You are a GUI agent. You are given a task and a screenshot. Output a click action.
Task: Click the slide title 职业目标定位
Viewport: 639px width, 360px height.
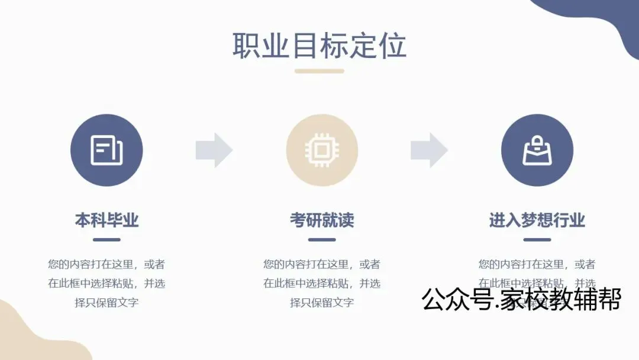pyautogui.click(x=319, y=46)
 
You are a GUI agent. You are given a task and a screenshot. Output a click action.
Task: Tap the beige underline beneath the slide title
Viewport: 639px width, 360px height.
pyautogui.click(x=319, y=71)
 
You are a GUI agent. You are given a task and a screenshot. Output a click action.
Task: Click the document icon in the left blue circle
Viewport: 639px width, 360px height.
pyautogui.click(x=106, y=150)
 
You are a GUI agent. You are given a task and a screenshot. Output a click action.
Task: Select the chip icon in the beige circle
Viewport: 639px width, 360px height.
pyautogui.click(x=322, y=150)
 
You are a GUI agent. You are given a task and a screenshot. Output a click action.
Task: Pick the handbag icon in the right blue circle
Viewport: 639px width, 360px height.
pyautogui.click(x=537, y=150)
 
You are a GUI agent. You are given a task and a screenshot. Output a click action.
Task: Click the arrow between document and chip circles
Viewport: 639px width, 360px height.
pyautogui.click(x=214, y=150)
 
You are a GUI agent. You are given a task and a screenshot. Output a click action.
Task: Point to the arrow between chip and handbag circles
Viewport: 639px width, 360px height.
pyautogui.click(x=430, y=150)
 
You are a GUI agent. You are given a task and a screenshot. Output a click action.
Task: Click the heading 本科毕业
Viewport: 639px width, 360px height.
pyautogui.click(x=106, y=220)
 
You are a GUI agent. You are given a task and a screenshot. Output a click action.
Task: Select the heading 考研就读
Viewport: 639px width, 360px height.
pyautogui.click(x=322, y=220)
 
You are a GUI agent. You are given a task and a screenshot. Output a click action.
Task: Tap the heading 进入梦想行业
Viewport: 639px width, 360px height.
pyautogui.click(x=537, y=220)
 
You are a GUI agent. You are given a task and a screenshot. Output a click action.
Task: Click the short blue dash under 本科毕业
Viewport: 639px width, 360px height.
pyautogui.click(x=106, y=240)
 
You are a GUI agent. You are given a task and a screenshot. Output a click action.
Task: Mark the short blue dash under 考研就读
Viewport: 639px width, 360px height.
pyautogui.click(x=322, y=240)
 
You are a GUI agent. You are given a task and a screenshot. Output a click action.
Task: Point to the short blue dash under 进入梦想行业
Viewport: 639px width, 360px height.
pyautogui.click(x=537, y=240)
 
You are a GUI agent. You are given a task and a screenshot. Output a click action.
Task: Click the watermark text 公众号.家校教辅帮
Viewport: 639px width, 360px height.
pyautogui.click(x=521, y=299)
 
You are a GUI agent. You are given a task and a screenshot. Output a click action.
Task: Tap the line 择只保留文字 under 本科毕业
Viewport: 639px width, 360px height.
pyautogui.click(x=106, y=303)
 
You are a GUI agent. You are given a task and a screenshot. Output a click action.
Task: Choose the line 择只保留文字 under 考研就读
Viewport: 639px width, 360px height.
pyautogui.click(x=322, y=303)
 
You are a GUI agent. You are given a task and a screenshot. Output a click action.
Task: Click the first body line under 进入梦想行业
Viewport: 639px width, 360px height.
pyautogui.click(x=537, y=265)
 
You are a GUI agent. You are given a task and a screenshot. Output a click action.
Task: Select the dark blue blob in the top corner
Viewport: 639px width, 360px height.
pyautogui.click(x=598, y=18)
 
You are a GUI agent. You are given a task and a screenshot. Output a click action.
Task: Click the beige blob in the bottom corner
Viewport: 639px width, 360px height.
pyautogui.click(x=30, y=337)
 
